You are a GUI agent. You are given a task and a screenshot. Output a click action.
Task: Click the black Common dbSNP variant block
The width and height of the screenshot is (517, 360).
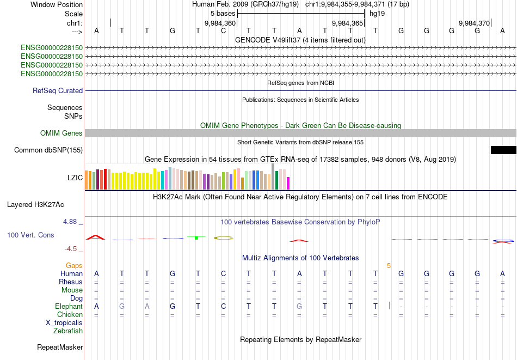click(503, 150)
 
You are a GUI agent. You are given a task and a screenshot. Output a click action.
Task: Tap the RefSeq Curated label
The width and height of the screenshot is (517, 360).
click(58, 91)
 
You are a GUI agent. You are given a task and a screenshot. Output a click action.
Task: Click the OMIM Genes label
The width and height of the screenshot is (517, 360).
click(61, 133)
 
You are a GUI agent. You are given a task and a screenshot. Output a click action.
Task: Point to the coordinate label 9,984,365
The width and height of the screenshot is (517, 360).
click(347, 23)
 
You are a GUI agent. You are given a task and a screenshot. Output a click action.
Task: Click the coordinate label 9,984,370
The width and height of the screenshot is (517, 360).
click(474, 23)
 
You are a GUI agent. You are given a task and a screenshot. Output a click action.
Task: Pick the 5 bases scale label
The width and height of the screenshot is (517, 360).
click(222, 13)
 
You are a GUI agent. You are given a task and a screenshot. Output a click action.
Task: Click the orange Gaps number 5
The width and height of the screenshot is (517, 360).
click(389, 266)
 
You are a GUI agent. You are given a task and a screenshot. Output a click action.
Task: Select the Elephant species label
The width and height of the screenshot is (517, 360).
click(69, 307)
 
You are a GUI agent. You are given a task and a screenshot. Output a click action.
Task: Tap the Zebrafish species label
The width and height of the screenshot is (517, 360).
click(68, 331)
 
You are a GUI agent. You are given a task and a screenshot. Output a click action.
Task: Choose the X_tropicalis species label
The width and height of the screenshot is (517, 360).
click(64, 322)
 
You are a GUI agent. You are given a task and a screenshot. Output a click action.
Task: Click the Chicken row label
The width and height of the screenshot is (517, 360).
click(70, 314)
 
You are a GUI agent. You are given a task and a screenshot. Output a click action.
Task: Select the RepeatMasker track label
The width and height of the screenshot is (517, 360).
click(60, 347)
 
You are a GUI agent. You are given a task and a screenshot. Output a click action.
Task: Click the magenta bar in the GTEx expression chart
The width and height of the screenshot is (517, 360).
click(288, 183)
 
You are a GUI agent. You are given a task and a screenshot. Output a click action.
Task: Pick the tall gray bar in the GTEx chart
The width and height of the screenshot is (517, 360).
click(273, 176)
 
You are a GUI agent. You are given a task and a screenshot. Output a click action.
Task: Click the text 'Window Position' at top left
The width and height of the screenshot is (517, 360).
click(57, 4)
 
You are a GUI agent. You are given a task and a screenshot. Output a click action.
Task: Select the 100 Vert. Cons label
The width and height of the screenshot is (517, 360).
click(30, 235)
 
